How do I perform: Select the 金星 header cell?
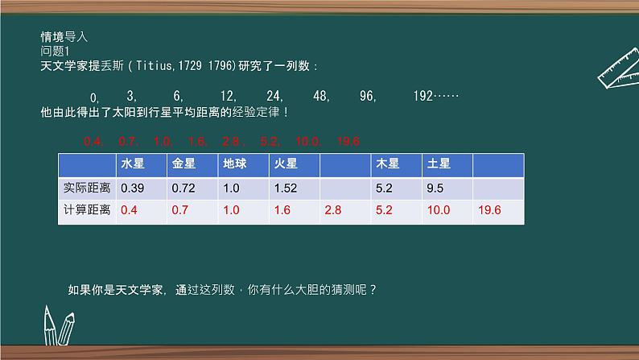point(183,164)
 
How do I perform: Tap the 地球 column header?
point(234,164)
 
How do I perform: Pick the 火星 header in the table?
point(286,164)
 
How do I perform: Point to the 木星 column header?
point(388,164)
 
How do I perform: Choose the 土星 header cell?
point(439,164)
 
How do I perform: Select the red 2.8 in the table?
point(332,210)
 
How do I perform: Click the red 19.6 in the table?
point(489,210)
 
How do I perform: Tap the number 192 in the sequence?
point(423,96)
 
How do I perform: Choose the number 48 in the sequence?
point(321,96)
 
